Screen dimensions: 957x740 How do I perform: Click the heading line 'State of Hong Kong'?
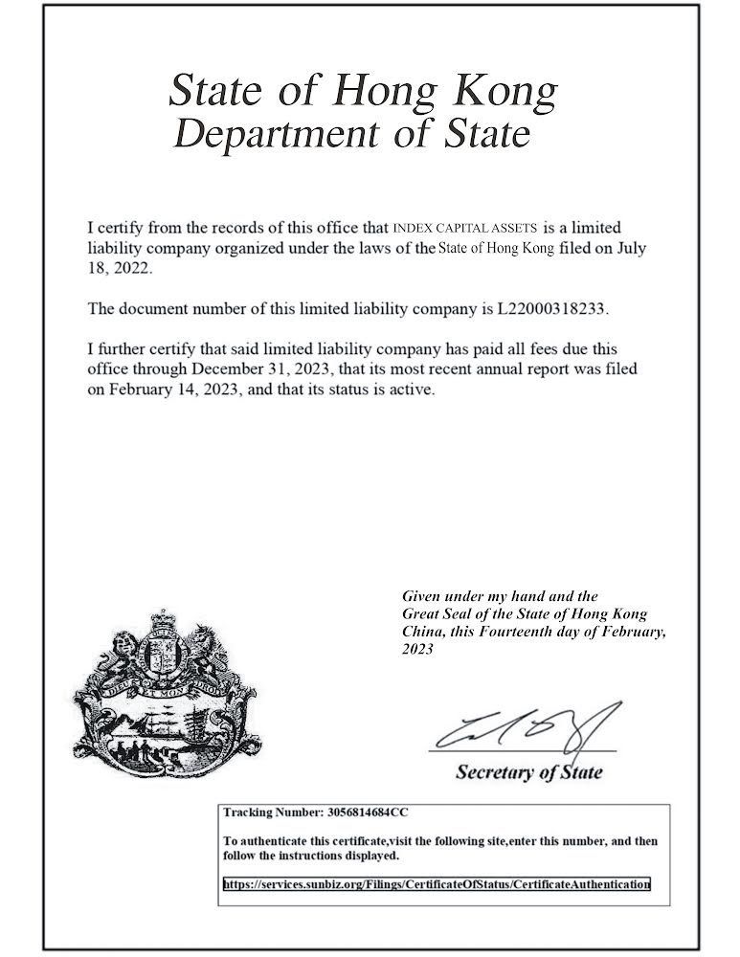click(362, 92)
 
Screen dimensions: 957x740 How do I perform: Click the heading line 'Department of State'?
click(353, 134)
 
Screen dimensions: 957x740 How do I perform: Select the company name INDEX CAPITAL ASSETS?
click(465, 228)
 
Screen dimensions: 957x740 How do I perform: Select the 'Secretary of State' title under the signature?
click(529, 771)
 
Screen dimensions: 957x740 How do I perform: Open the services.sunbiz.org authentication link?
click(437, 885)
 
